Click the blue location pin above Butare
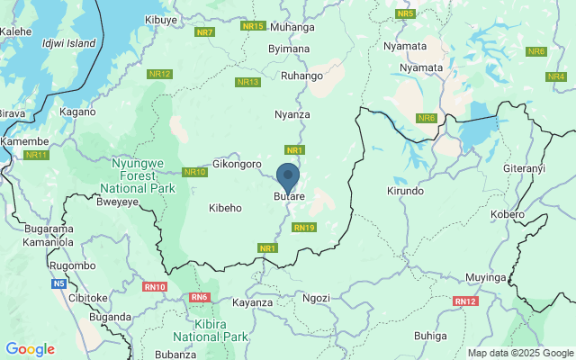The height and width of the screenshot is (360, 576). pyautogui.click(x=288, y=176)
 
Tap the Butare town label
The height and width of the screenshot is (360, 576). pyautogui.click(x=289, y=196)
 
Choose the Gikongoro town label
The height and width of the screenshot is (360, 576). pyautogui.click(x=237, y=165)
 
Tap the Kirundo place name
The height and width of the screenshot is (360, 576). pyautogui.click(x=404, y=192)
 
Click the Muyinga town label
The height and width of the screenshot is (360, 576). pyautogui.click(x=487, y=278)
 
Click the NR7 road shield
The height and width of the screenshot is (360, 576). pyautogui.click(x=204, y=32)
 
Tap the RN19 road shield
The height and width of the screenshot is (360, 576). pyautogui.click(x=304, y=228)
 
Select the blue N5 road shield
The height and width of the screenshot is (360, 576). pyautogui.click(x=58, y=283)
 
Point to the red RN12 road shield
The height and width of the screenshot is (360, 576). pyautogui.click(x=465, y=301)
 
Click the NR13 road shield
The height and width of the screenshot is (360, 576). pyautogui.click(x=247, y=82)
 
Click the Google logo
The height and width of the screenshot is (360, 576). pyautogui.click(x=30, y=349)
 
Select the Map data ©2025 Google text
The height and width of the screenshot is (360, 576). pyautogui.click(x=519, y=353)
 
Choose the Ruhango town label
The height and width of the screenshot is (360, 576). pyautogui.click(x=301, y=76)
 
